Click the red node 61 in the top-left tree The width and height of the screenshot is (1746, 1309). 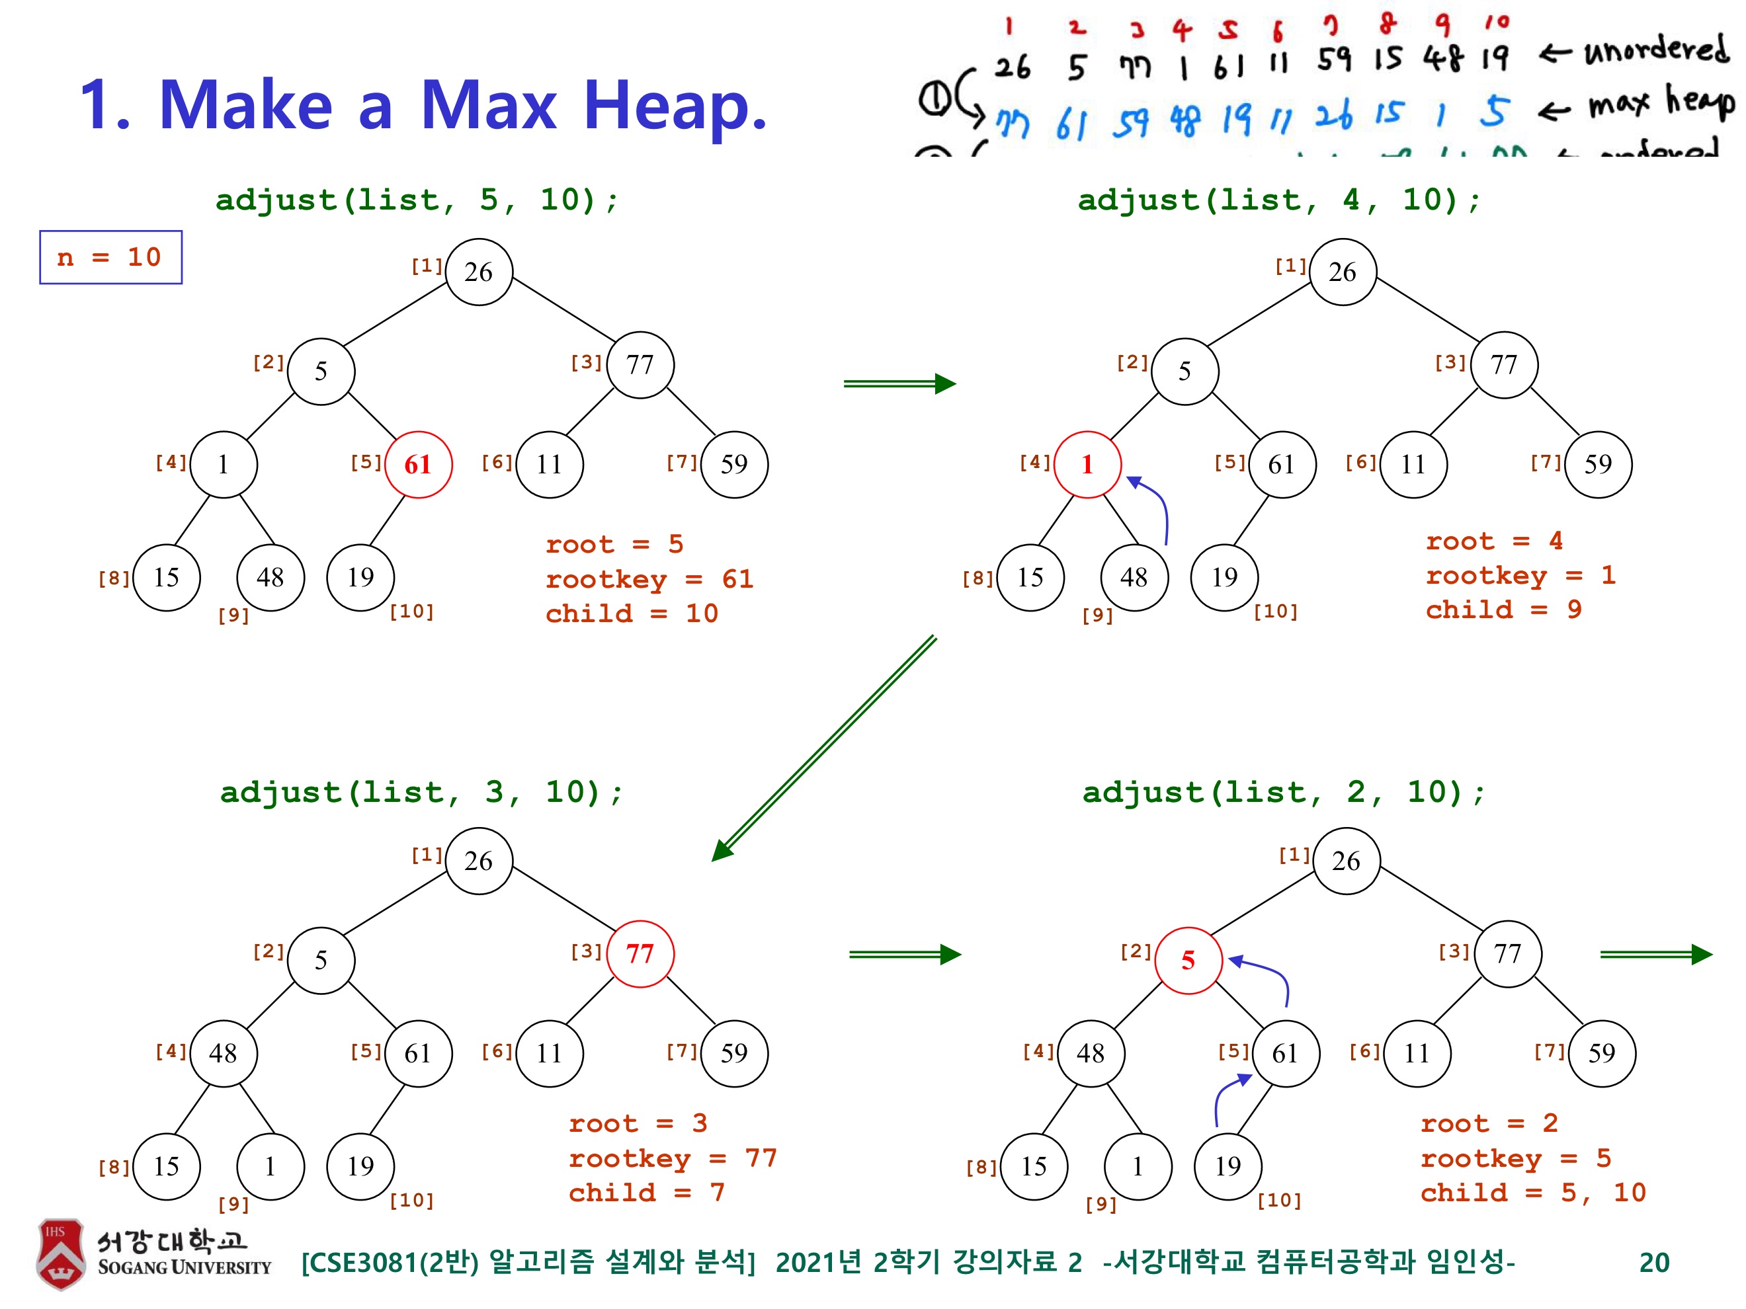(x=419, y=465)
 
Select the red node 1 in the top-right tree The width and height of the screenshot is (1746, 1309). (x=1087, y=465)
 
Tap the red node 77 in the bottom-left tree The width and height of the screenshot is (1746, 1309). (x=640, y=954)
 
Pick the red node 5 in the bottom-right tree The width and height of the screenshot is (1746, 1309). (x=1188, y=960)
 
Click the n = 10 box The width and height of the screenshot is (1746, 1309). (x=110, y=257)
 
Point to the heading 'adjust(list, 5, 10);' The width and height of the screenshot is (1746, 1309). (x=417, y=200)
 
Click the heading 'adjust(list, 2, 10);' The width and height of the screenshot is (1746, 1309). (x=1284, y=792)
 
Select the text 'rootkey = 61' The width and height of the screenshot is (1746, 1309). (x=649, y=579)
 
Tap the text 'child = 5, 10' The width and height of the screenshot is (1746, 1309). (x=1533, y=1192)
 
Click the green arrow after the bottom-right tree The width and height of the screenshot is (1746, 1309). (x=1655, y=955)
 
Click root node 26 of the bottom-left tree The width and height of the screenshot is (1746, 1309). (x=479, y=861)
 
